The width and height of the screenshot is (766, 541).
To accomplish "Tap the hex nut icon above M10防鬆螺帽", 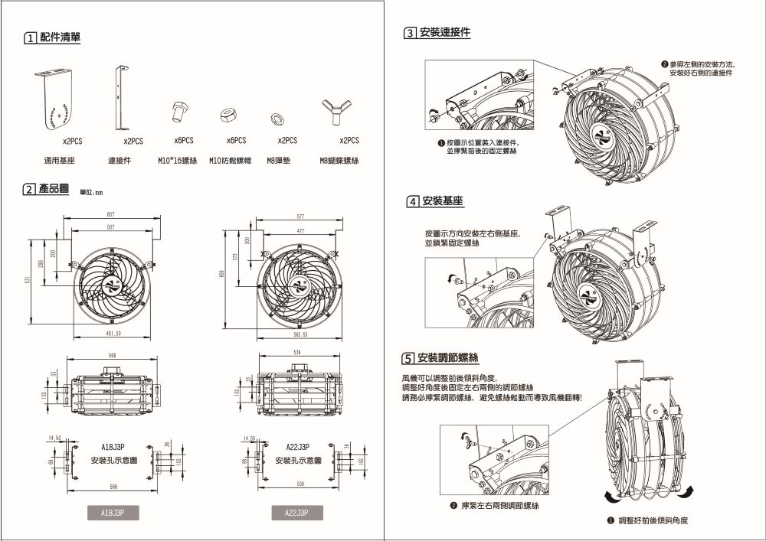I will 227,115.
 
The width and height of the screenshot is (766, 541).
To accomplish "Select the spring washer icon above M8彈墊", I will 277,118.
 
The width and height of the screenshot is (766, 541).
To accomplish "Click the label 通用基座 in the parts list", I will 59,161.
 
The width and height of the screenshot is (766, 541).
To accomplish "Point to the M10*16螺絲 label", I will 178,161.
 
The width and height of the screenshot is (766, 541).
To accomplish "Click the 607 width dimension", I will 111,214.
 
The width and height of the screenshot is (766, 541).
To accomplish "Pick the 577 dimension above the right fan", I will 300,217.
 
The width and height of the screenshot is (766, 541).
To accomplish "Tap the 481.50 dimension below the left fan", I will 113,334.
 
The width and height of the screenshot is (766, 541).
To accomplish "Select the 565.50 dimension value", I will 300,334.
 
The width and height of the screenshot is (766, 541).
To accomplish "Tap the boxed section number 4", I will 413,201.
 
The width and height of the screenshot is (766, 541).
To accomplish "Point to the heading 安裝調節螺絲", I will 448,358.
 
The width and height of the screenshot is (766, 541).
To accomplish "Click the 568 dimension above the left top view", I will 113,356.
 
